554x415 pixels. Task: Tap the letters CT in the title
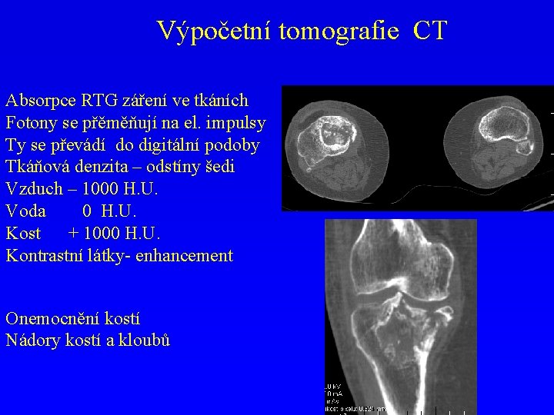point(429,31)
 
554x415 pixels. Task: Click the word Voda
point(25,211)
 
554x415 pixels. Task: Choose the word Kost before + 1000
point(23,234)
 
